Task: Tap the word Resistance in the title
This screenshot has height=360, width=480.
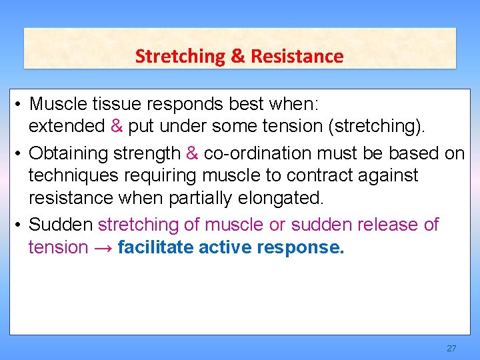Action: [x=297, y=57]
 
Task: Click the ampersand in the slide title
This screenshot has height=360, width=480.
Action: [x=238, y=57]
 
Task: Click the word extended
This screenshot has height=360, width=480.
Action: [x=67, y=126]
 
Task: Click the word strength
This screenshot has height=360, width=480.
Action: [x=147, y=154]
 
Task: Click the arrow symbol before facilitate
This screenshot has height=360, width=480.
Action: [x=103, y=248]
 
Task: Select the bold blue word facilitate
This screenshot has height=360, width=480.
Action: [x=151, y=247]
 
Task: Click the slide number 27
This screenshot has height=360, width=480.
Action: [x=451, y=349]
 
